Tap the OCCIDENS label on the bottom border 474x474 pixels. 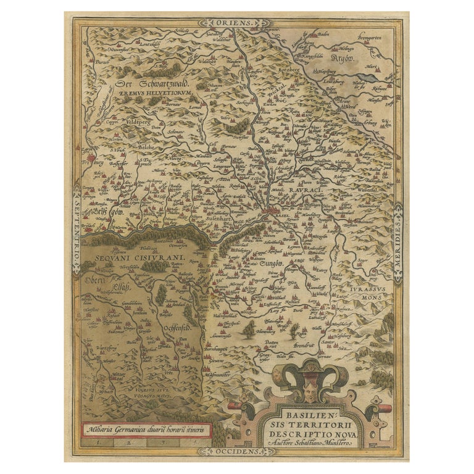pos(236,452)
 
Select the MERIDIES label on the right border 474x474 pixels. pos(399,238)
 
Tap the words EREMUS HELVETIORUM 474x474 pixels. pos(157,94)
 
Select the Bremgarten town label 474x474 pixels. pos(372,36)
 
